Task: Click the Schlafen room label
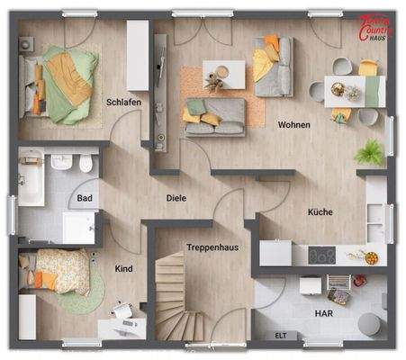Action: click(x=124, y=103)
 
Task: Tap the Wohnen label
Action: click(x=295, y=124)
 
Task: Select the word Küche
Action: click(x=319, y=212)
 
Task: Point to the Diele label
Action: click(x=176, y=198)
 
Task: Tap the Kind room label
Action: click(x=123, y=268)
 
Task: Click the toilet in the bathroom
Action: click(x=85, y=164)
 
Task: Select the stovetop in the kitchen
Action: click(x=320, y=256)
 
